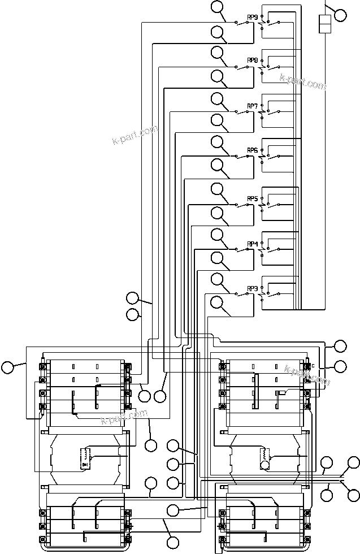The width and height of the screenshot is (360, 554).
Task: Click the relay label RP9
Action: point(252,17)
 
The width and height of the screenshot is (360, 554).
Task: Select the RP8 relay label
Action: point(252,60)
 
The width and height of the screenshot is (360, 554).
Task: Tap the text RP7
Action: point(252,106)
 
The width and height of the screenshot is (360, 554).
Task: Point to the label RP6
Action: point(252,150)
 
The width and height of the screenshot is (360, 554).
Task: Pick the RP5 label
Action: point(252,199)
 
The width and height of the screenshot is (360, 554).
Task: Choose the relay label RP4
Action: point(252,244)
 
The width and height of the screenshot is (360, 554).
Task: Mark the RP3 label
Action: point(252,289)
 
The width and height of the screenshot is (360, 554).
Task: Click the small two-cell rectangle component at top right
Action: point(324,25)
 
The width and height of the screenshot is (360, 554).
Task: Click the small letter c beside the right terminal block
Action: point(313,365)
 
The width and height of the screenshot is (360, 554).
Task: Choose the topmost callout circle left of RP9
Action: point(218,7)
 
